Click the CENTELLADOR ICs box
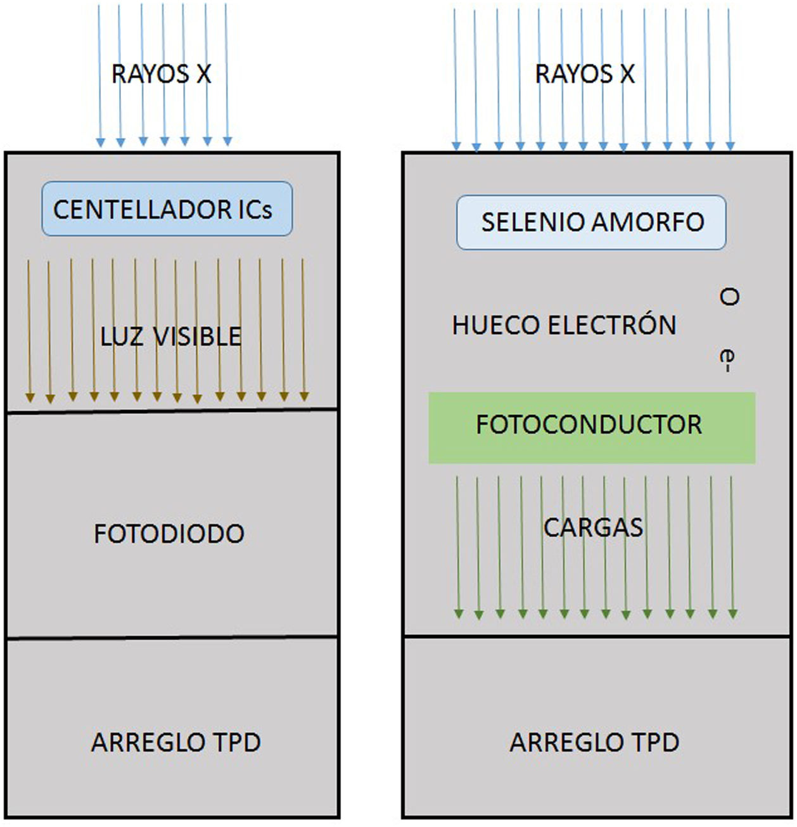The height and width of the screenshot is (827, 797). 167,209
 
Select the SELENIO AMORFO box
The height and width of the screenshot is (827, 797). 590,222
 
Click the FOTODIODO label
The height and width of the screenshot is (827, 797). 169,534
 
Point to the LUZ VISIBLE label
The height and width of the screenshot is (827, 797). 170,336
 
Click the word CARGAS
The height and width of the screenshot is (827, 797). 593,527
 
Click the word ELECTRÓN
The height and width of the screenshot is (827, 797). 612,325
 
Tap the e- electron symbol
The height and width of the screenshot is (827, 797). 728,360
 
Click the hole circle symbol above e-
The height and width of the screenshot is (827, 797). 729,297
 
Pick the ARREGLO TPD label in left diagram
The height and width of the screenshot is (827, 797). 176,742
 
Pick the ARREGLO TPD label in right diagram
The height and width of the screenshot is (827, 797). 594,742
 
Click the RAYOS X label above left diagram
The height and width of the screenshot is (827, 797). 161,74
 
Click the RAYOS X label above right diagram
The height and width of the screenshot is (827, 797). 585,74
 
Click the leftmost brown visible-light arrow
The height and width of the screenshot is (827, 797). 29,330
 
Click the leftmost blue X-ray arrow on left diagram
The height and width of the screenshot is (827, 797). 99,76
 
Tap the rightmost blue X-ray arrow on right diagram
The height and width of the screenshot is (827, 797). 730,79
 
